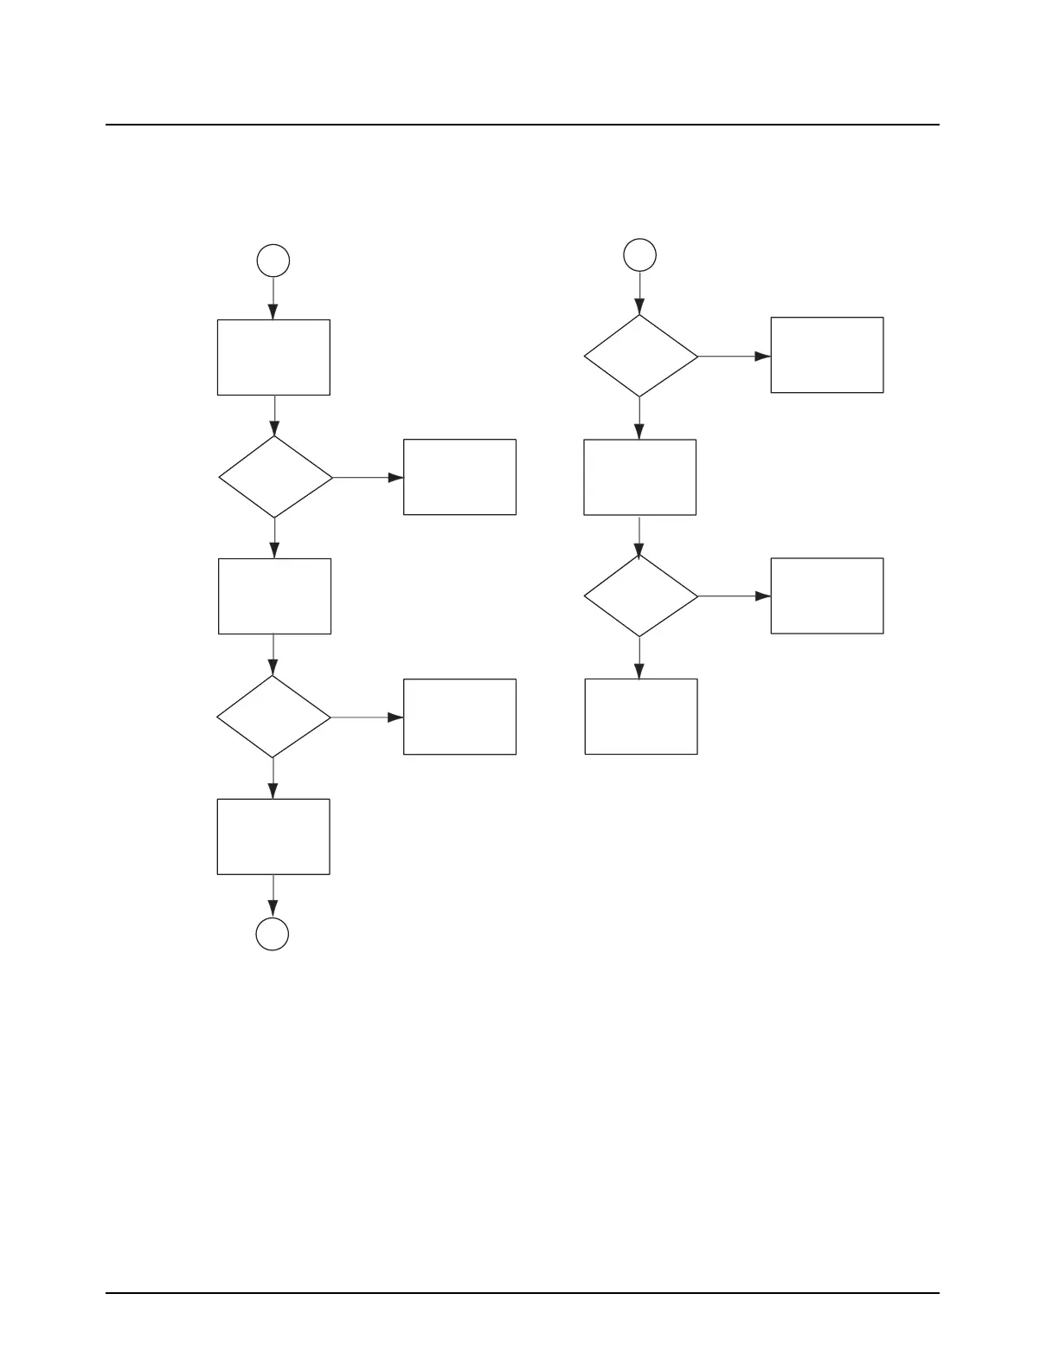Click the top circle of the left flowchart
coord(273,261)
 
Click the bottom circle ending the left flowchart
coord(273,934)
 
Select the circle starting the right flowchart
coord(640,254)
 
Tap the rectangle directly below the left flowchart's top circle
coord(273,357)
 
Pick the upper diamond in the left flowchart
coord(275,477)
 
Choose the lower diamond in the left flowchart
coord(273,717)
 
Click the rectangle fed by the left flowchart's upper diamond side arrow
coord(459,477)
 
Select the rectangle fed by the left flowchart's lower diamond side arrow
coord(459,717)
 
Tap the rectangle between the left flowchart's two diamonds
coord(274,596)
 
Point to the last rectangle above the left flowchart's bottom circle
coord(273,836)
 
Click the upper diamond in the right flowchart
coord(640,356)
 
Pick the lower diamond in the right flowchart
coord(640,596)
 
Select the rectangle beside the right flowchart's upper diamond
coord(827,355)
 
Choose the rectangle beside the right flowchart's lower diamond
coord(827,595)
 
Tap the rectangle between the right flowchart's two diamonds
coord(640,477)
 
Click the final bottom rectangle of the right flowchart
coord(641,717)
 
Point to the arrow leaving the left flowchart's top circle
coord(273,299)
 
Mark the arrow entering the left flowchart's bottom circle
coord(273,896)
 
